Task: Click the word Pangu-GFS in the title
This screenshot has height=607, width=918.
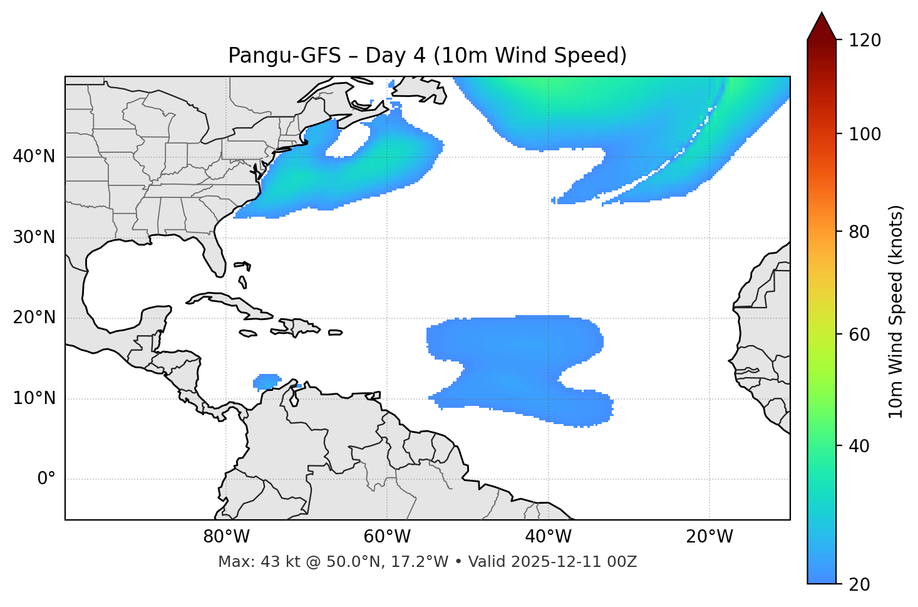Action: (x=284, y=56)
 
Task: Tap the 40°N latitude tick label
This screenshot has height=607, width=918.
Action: (x=34, y=157)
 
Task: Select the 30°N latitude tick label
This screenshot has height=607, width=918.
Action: (x=34, y=237)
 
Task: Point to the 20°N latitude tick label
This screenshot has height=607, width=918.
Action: (x=34, y=318)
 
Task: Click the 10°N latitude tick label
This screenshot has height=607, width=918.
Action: (x=34, y=398)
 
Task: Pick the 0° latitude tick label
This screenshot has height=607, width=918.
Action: (x=46, y=479)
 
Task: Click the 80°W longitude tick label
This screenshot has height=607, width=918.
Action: (x=226, y=537)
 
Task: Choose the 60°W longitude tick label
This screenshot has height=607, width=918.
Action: (x=387, y=537)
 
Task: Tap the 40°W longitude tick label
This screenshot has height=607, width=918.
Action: (x=548, y=537)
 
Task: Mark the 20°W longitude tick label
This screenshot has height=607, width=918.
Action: (x=709, y=537)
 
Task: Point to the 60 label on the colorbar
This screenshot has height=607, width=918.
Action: (x=860, y=335)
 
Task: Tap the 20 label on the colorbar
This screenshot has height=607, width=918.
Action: (x=860, y=584)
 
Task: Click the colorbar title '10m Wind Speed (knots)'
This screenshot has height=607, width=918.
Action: (x=896, y=311)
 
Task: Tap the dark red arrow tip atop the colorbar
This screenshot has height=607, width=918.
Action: (x=822, y=22)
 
